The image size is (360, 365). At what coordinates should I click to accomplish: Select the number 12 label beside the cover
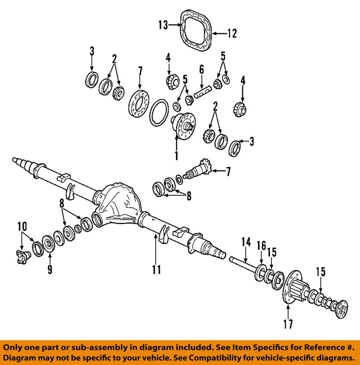coord(231,33)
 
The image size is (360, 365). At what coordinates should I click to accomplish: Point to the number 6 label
coord(201,70)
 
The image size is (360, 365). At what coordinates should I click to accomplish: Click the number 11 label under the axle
coord(156,270)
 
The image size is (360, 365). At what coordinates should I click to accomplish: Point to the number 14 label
coord(246,241)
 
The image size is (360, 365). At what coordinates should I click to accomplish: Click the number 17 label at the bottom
coord(288,324)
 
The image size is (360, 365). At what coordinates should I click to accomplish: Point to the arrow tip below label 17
coord(288,306)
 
